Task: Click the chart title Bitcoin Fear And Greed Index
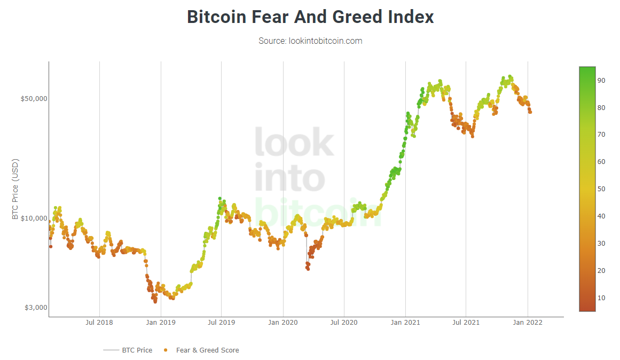(x=310, y=17)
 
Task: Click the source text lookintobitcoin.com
(x=310, y=41)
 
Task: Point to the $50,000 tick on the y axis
(x=34, y=99)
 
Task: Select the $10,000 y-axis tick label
(x=34, y=218)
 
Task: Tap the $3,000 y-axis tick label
(x=36, y=308)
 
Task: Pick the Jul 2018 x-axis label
(x=99, y=323)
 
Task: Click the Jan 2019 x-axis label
(x=161, y=323)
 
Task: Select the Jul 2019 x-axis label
(x=221, y=323)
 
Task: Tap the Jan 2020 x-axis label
(x=282, y=323)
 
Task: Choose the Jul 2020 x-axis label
(x=344, y=323)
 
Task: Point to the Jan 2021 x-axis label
(x=405, y=323)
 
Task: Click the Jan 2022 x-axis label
(x=528, y=323)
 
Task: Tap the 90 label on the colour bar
(x=601, y=80)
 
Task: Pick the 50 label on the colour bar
(x=601, y=189)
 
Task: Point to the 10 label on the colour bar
(x=601, y=298)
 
